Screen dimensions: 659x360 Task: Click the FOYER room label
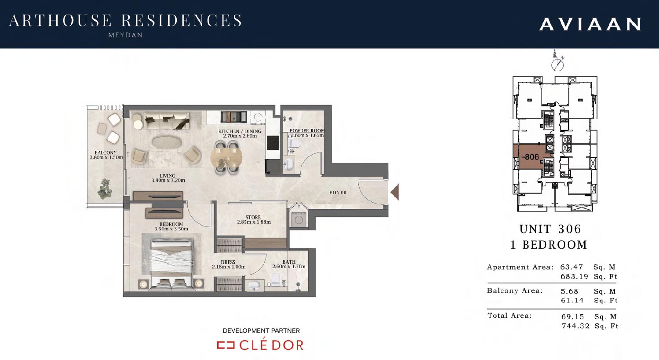(338, 193)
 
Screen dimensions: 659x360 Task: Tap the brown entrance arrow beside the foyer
(395, 192)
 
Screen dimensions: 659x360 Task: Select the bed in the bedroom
(171, 264)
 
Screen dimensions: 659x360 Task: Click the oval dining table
(226, 158)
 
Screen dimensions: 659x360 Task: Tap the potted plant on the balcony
(105, 189)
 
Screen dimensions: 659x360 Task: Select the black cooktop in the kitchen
(273, 143)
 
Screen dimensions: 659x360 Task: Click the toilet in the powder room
(294, 144)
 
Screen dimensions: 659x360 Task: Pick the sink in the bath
(254, 285)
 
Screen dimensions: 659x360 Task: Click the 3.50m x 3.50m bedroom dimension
(171, 229)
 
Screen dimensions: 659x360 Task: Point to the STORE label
(253, 217)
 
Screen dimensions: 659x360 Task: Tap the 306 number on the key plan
(532, 157)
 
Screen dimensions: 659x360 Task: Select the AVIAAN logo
(590, 24)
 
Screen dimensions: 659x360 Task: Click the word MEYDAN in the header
(125, 35)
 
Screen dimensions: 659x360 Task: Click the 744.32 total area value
(576, 326)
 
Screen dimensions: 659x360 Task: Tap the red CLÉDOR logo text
(271, 345)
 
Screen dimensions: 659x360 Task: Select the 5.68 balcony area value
(570, 291)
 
